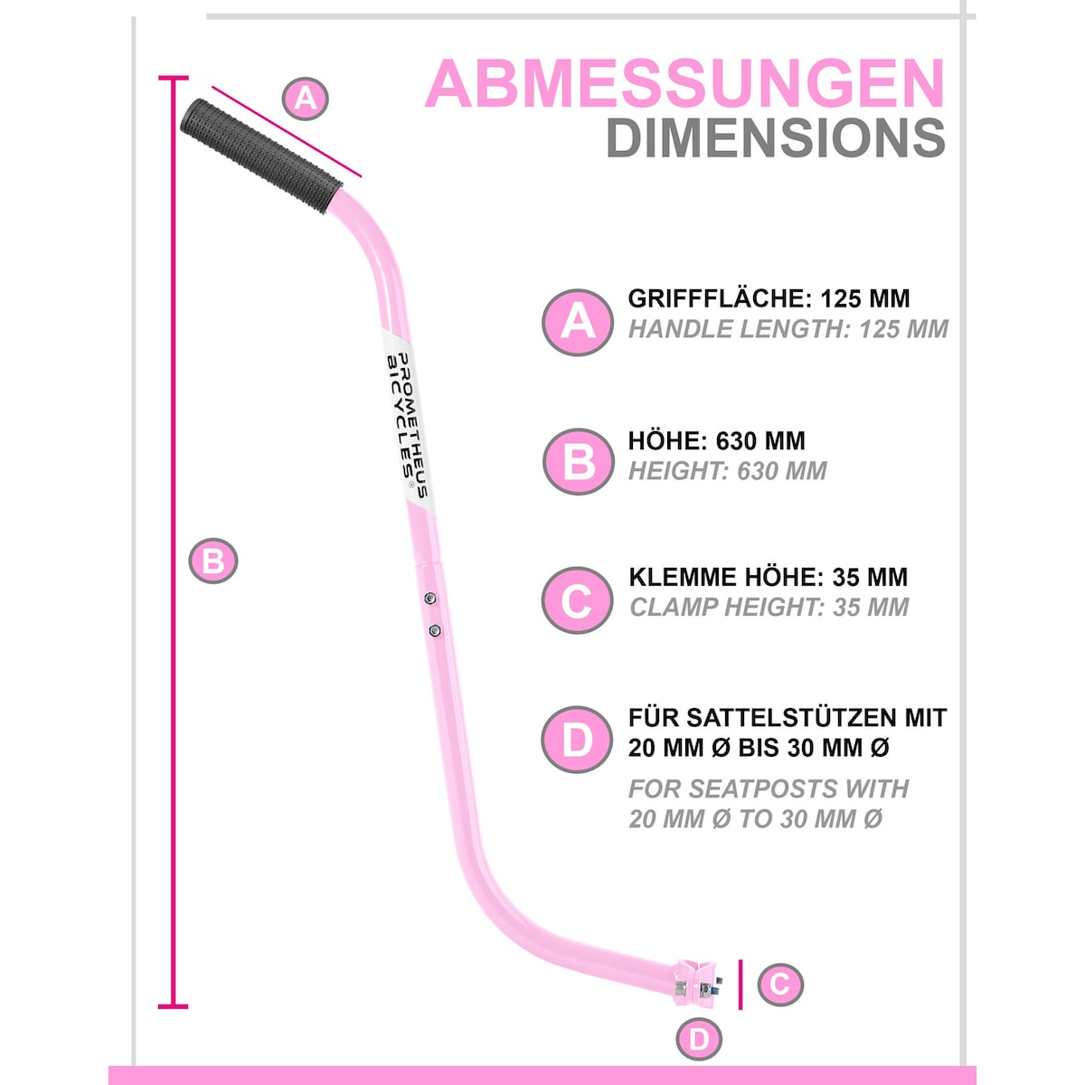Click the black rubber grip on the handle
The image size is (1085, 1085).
[260, 156]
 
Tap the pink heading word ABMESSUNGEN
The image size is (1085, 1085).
[684, 84]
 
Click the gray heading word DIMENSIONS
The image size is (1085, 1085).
[776, 138]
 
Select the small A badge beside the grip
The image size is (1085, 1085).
[305, 99]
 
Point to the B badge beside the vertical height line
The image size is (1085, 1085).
[212, 561]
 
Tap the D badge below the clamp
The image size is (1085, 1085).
[699, 1039]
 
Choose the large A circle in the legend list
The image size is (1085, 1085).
[577, 322]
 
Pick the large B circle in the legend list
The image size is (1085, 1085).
[578, 461]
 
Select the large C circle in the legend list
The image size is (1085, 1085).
[577, 600]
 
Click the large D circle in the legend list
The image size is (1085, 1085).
[577, 740]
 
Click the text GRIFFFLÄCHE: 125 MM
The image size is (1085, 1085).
[769, 298]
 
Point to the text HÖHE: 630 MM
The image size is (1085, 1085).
[717, 440]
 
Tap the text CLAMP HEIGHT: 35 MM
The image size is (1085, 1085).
[769, 607]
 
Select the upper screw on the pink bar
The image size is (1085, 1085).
[430, 598]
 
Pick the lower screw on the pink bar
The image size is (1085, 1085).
[434, 630]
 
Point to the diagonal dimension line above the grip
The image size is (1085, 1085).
[286, 131]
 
